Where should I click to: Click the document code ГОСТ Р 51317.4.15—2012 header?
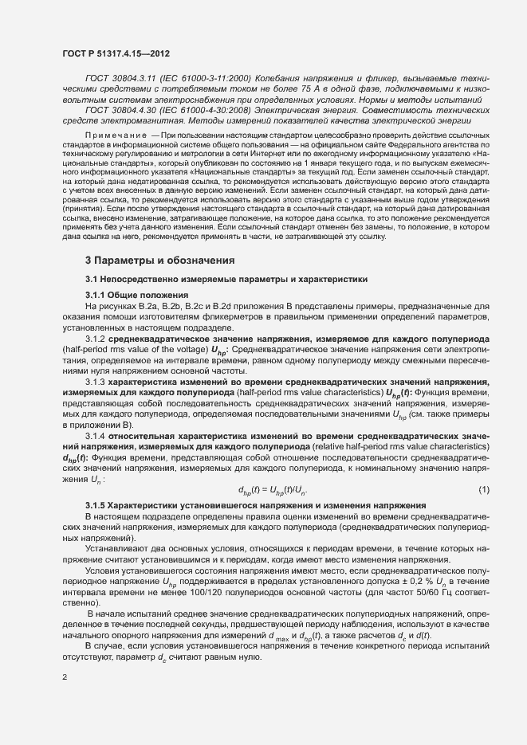click(x=115, y=53)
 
